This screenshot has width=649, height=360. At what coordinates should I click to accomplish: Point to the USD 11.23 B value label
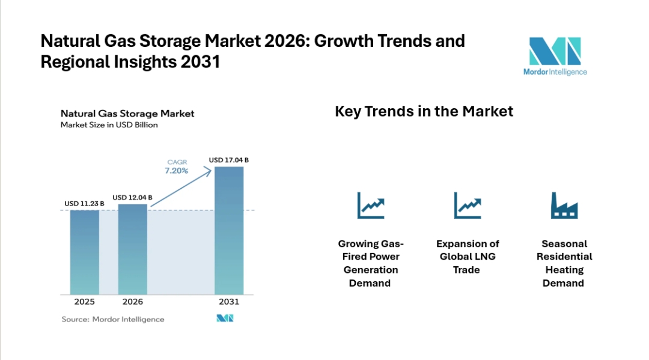click(84, 204)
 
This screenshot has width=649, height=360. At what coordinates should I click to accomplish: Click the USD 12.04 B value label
click(132, 198)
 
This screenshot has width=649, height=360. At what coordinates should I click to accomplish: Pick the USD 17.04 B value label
click(228, 160)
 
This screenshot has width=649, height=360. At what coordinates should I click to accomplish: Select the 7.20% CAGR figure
click(176, 171)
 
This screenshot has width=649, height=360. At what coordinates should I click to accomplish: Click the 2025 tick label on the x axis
click(84, 302)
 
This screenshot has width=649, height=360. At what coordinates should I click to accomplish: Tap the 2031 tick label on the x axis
click(229, 302)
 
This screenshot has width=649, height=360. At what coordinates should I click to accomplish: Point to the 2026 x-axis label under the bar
click(132, 302)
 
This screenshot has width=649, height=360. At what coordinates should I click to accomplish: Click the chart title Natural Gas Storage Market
click(127, 114)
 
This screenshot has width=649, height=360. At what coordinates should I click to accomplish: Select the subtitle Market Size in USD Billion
click(109, 125)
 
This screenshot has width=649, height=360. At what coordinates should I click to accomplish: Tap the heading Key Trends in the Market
click(424, 111)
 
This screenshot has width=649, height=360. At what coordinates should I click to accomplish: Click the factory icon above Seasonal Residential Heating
click(564, 206)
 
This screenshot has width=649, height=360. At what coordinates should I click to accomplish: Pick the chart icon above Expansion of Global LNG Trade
click(467, 206)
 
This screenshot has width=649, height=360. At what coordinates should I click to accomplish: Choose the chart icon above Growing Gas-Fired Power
click(370, 206)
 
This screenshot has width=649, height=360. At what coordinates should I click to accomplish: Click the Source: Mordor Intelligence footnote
click(113, 319)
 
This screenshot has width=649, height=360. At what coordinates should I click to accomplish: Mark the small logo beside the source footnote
click(225, 319)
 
